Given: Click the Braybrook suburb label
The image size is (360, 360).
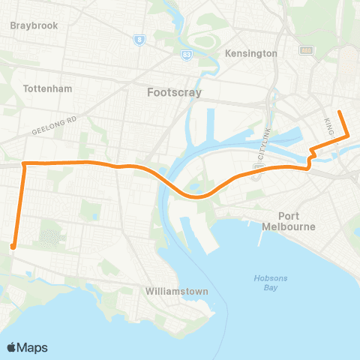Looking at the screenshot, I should click(34, 25).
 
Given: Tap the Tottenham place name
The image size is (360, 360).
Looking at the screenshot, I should click(47, 88).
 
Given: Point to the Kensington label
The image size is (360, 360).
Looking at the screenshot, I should click(250, 53).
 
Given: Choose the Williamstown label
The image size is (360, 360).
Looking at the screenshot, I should click(178, 290).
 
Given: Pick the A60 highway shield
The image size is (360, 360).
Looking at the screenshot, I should click(306, 50).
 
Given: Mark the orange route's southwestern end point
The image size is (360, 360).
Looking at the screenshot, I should click(13, 245).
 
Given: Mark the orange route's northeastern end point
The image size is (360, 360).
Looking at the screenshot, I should click(340, 112).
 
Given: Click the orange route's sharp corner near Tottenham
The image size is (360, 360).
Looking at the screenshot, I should click(24, 163).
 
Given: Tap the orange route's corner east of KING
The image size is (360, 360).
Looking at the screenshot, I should click(347, 136).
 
